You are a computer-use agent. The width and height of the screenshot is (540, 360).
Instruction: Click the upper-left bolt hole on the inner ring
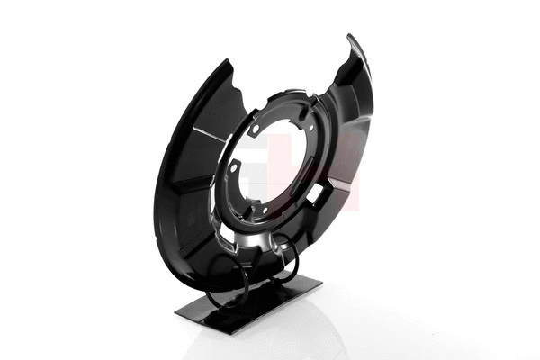(x=256, y=129)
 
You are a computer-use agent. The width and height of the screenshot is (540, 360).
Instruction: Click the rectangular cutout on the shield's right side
(x=314, y=193)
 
